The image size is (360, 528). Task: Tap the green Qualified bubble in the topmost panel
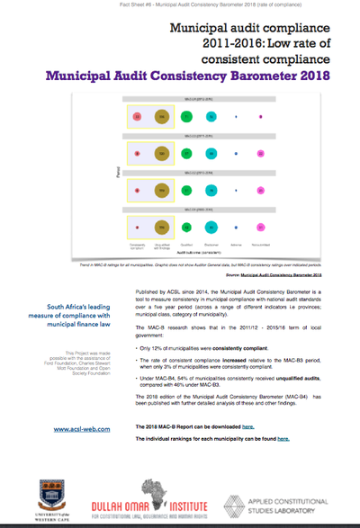[x=185, y=117]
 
